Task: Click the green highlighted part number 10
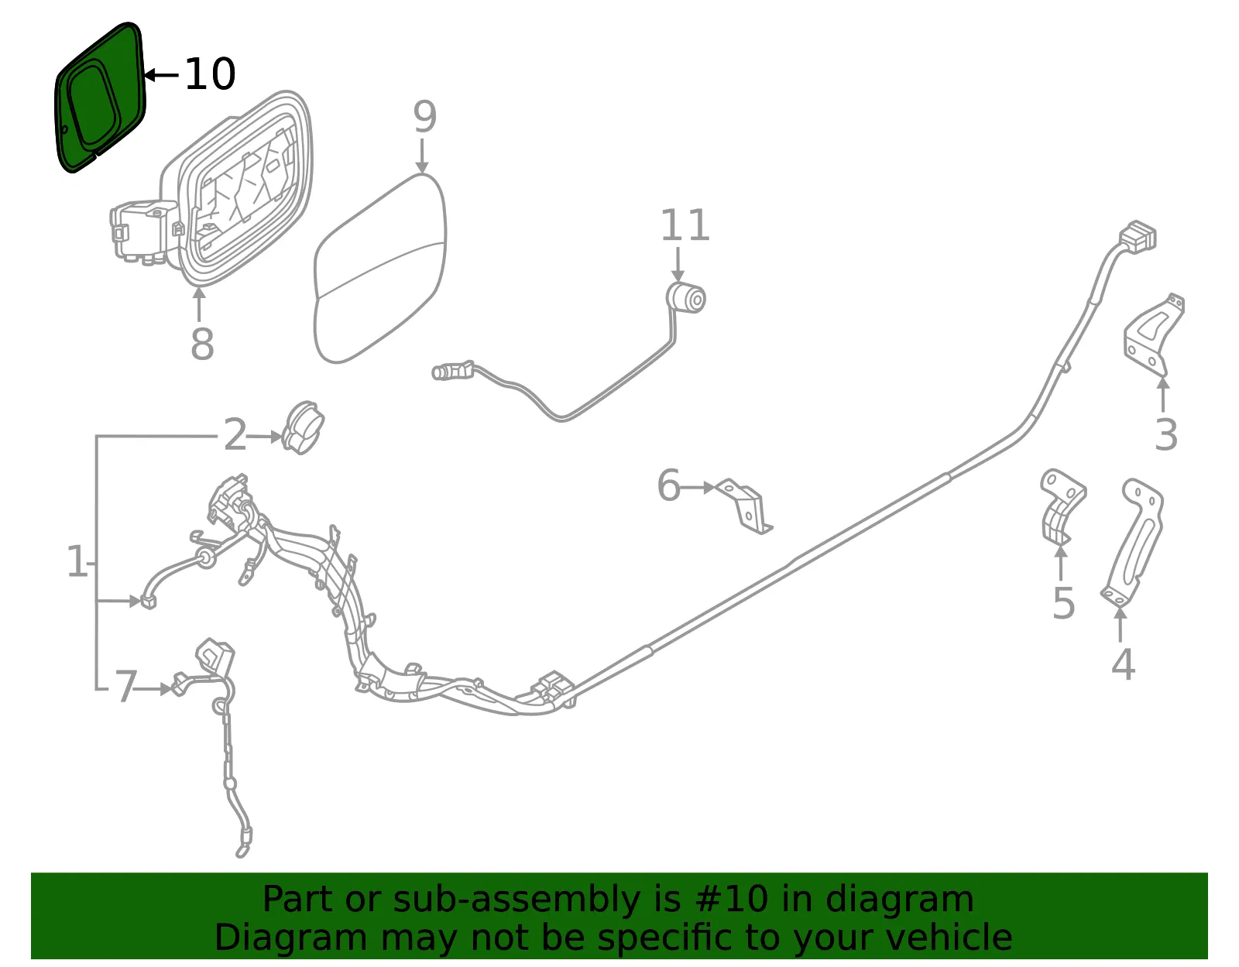(100, 97)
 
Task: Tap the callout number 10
(210, 74)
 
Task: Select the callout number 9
(425, 117)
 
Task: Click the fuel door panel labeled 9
(380, 268)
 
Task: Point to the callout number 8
(202, 345)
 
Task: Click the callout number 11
(685, 225)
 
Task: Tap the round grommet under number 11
(686, 298)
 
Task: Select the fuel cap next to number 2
(304, 427)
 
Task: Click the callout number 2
(235, 435)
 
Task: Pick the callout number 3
(1166, 435)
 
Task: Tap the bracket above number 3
(1154, 335)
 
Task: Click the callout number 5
(1063, 603)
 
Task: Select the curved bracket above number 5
(1061, 507)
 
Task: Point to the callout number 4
(1124, 664)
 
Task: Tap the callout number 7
(126, 687)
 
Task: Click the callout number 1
(77, 561)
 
